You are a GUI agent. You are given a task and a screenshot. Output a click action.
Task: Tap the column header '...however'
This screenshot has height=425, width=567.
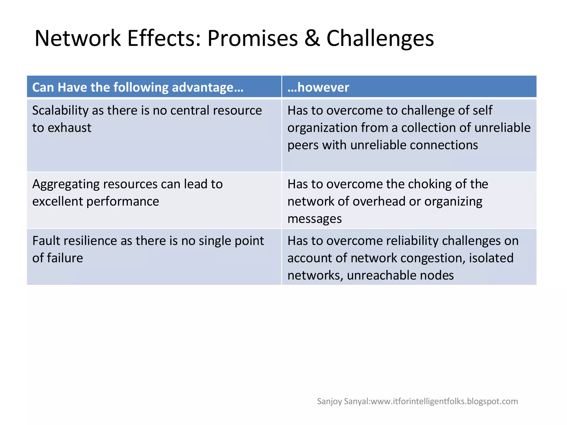pyautogui.click(x=318, y=87)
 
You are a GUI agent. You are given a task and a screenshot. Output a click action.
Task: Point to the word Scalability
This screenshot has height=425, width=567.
pyautogui.click(x=60, y=110)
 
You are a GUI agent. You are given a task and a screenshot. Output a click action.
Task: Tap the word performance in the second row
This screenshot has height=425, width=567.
pyautogui.click(x=123, y=201)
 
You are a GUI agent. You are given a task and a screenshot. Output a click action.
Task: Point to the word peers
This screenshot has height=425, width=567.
pyautogui.click(x=303, y=145)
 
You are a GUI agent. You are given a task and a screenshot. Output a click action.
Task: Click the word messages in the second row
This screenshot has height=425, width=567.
pyautogui.click(x=315, y=219)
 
